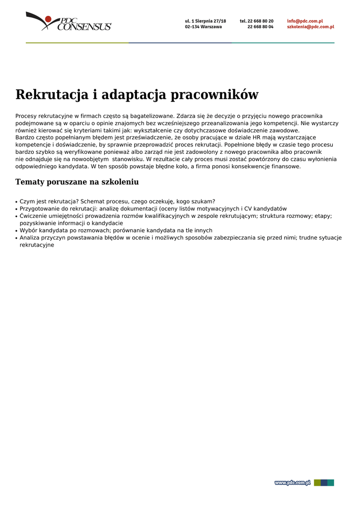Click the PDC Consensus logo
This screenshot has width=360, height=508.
[x=69, y=22]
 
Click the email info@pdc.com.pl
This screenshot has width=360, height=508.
[x=305, y=21]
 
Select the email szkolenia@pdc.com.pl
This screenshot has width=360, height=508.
[x=310, y=27]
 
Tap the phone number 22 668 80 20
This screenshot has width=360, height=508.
[x=260, y=21]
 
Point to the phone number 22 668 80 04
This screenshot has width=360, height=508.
[x=260, y=27]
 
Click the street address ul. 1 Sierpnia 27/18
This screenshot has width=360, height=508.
[x=205, y=21]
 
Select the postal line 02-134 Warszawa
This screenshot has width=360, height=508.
[x=204, y=27]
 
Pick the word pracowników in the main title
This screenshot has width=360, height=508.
[x=215, y=95]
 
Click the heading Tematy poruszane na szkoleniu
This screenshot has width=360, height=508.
[x=77, y=182]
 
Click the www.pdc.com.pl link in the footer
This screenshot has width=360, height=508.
[x=292, y=483]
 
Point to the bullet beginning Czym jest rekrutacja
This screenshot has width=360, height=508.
[x=117, y=201]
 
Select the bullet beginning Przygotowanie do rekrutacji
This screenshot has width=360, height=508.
[x=153, y=209]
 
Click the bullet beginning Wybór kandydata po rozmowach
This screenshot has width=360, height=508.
[x=116, y=230]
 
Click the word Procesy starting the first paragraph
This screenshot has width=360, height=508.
[x=26, y=116]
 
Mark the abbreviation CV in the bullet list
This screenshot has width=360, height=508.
[x=249, y=209]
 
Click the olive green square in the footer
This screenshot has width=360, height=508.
[x=317, y=483]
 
